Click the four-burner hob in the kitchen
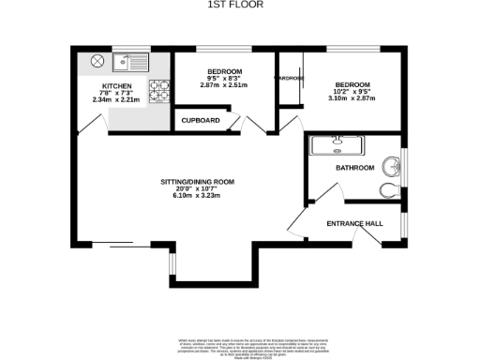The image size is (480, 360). point(160,90)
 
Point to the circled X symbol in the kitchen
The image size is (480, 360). point(96,63)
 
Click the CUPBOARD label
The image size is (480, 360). point(201,121)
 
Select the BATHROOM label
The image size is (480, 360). point(355,168)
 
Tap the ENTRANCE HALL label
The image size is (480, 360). point(354,224)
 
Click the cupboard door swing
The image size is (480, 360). point(238,123)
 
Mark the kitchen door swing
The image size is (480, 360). point(91,124)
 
